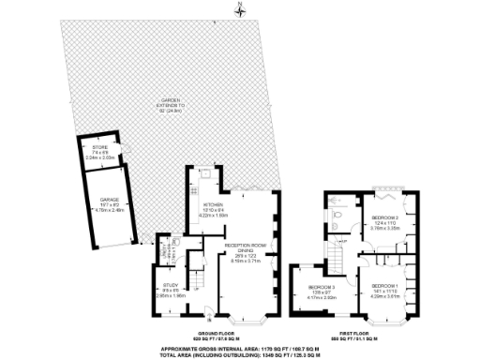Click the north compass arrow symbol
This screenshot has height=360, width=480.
[x=240, y=10]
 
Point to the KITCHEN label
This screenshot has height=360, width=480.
[x=214, y=209]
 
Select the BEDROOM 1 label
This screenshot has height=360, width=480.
[x=384, y=290]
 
